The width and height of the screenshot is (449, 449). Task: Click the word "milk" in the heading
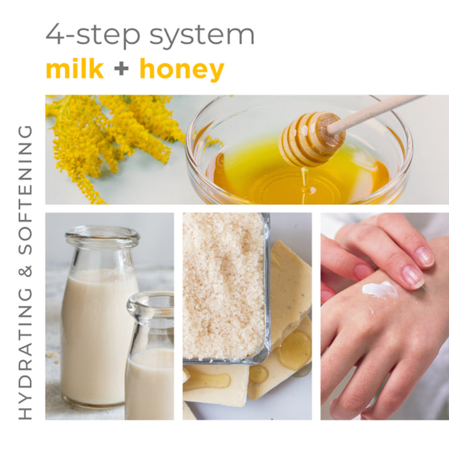tap(74, 69)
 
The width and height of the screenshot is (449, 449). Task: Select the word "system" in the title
tap(202, 35)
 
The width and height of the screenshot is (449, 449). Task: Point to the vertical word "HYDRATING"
tap(26, 352)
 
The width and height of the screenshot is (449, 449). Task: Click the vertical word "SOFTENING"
tap(26, 190)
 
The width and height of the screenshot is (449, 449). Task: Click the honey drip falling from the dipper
tap(305, 179)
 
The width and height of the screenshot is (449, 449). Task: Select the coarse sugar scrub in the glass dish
tap(224, 283)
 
